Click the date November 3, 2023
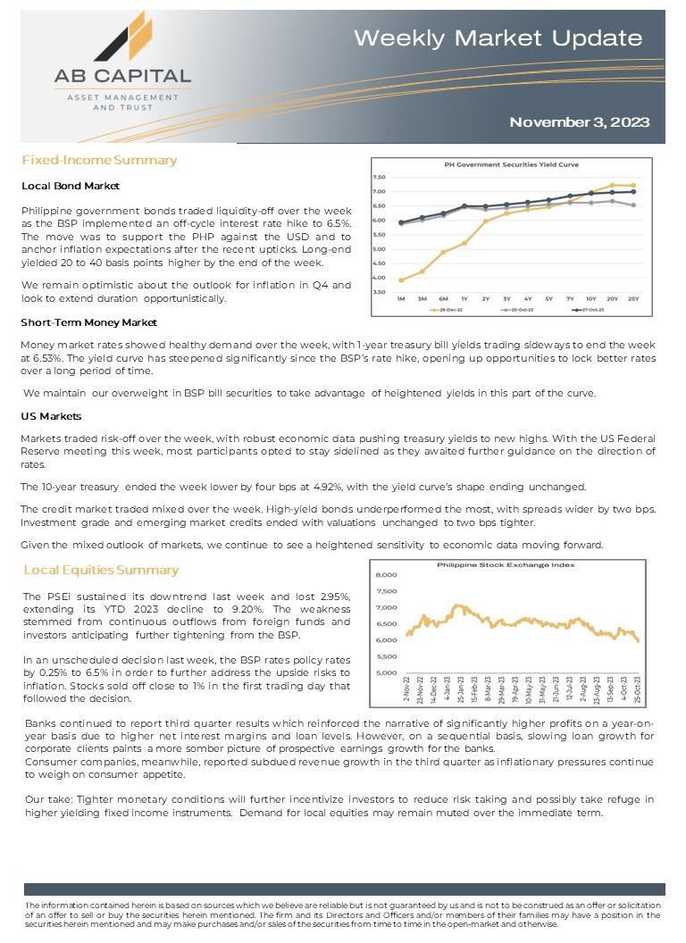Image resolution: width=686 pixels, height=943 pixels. click(x=579, y=122)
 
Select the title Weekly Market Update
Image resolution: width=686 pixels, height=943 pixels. click(x=498, y=38)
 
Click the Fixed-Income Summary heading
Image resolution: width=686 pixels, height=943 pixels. click(x=99, y=161)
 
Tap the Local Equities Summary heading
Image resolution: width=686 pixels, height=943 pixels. click(x=101, y=570)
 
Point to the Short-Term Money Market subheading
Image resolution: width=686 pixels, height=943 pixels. click(x=88, y=322)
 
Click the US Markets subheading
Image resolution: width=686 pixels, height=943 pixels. click(x=51, y=417)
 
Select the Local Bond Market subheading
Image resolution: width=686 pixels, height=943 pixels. click(x=71, y=186)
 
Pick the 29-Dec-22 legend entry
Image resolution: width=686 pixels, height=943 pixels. click(x=448, y=310)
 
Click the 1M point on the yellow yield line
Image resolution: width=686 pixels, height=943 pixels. click(x=401, y=280)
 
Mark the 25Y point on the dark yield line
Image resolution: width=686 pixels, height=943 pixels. click(x=633, y=192)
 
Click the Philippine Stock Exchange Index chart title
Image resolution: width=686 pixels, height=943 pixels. click(x=506, y=564)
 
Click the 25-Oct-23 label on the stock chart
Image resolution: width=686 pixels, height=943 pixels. click(x=637, y=693)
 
